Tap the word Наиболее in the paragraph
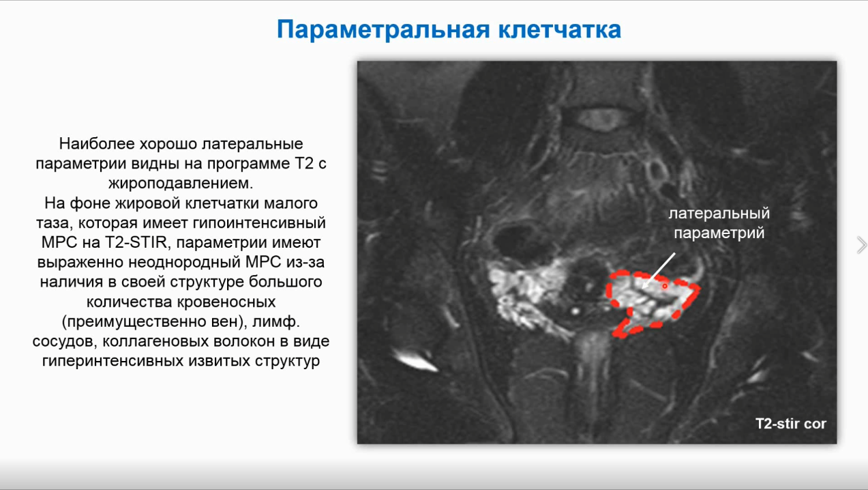97,144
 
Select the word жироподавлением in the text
181,184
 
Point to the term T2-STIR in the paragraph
135,242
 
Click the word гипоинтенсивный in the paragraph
259,223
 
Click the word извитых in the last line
220,361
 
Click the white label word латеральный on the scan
719,214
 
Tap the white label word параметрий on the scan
719,233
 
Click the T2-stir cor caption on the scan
790,424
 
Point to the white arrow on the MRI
659,271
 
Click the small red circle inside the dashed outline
665,287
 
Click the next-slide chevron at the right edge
862,245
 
